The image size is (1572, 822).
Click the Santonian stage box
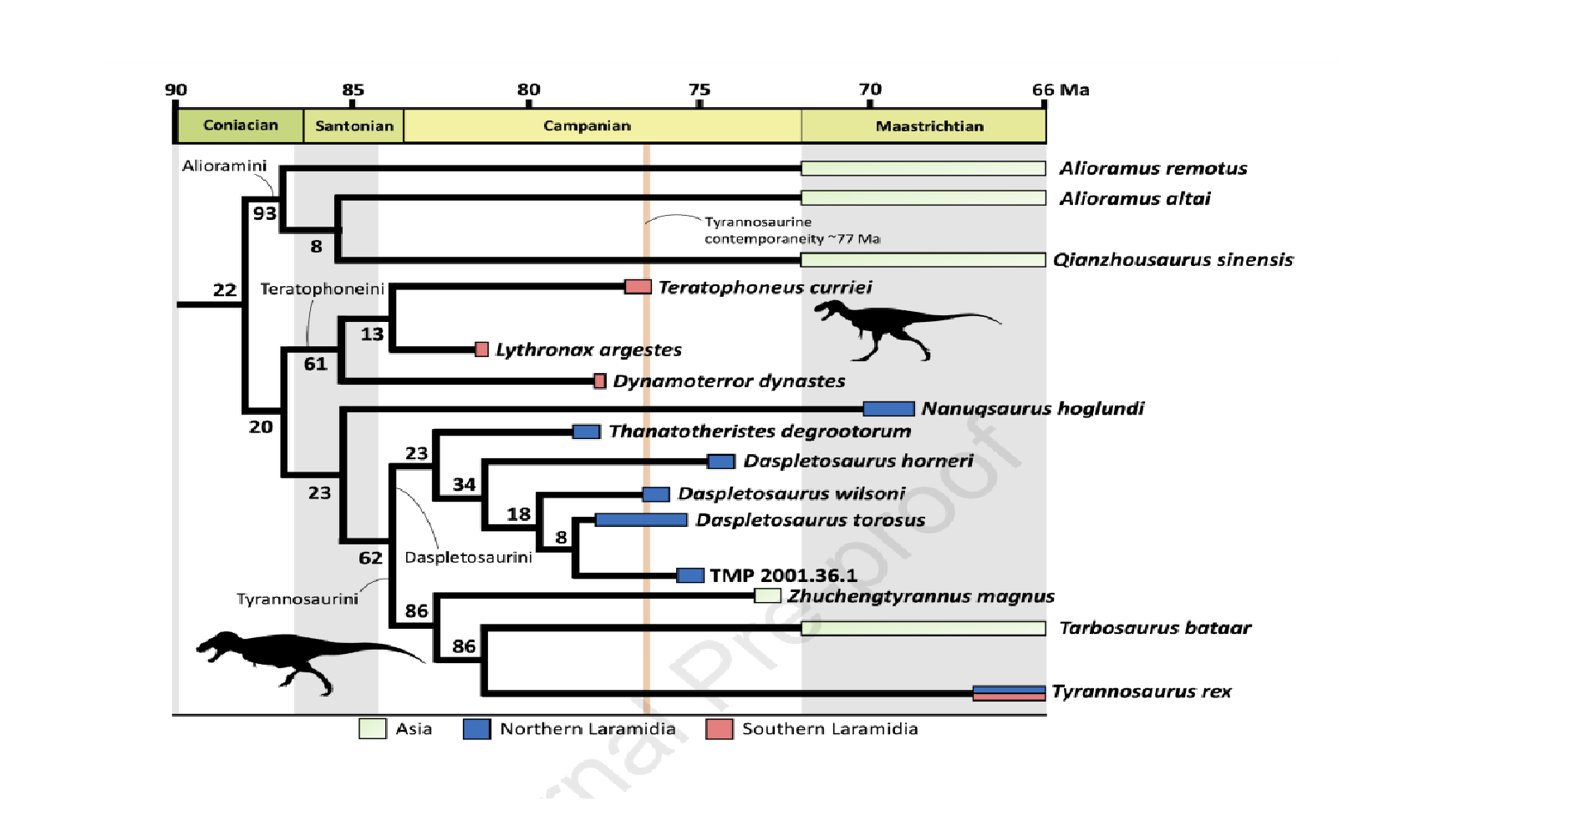(x=354, y=126)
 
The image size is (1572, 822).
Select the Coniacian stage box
(x=240, y=125)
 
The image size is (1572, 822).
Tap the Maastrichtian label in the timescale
(x=929, y=126)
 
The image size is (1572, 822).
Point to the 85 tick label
(x=353, y=89)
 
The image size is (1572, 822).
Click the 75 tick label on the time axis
(x=700, y=89)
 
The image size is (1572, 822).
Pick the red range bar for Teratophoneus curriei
(x=638, y=287)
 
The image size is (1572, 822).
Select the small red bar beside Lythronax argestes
(x=481, y=350)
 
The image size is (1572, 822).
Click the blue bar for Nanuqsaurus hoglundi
(x=888, y=409)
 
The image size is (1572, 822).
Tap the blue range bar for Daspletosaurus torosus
(x=641, y=520)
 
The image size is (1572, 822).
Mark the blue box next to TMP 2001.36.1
(x=690, y=575)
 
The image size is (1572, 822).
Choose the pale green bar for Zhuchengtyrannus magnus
(x=767, y=596)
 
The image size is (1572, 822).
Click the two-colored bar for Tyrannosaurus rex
(x=1009, y=692)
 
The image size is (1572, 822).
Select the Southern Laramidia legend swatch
(x=719, y=729)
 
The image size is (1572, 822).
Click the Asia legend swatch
(x=373, y=729)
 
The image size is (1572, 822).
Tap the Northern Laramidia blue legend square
(x=476, y=729)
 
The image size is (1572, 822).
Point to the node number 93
(x=265, y=213)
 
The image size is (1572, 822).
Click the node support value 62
(x=370, y=558)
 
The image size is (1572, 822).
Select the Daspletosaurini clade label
(x=468, y=558)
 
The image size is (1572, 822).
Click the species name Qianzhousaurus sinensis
(x=1173, y=260)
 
